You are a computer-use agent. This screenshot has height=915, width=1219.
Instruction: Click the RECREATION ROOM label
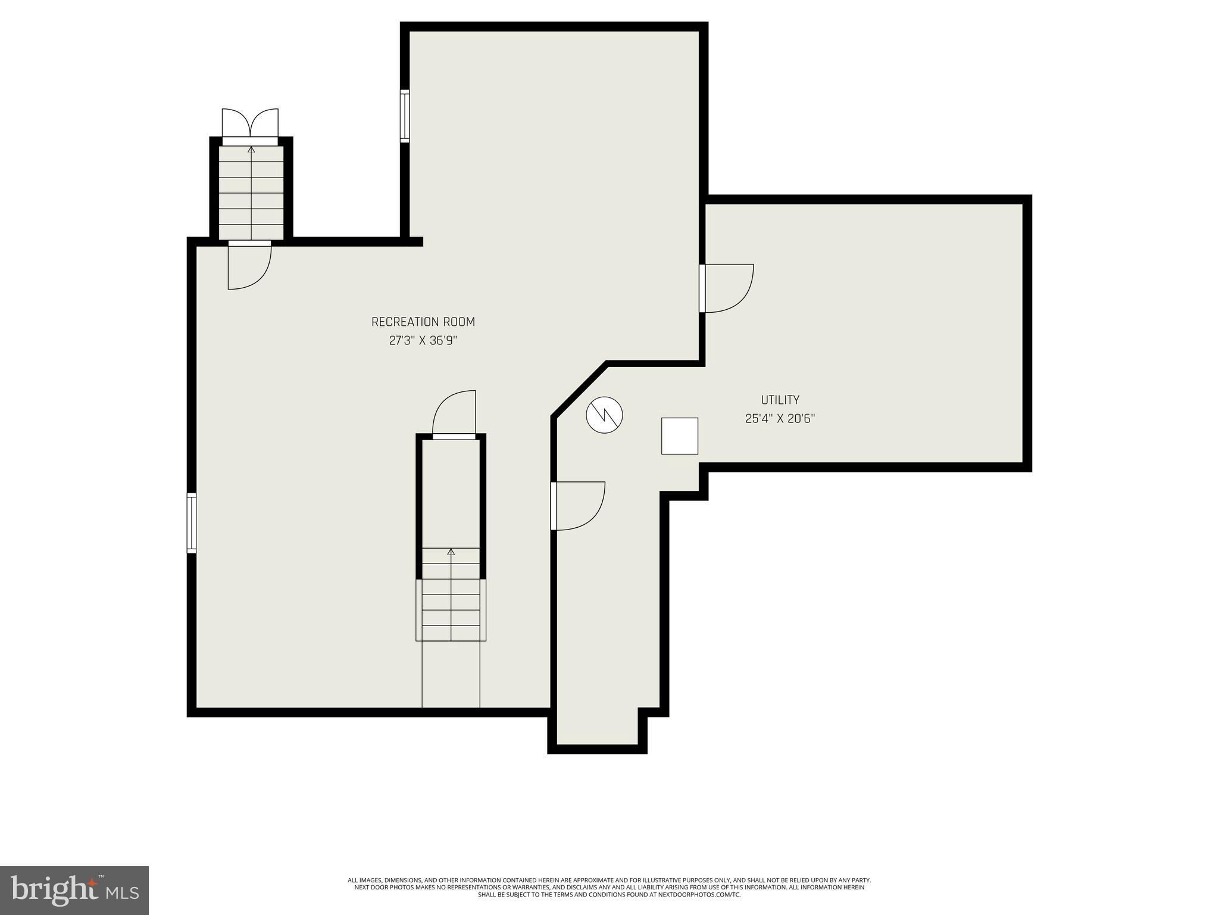[423, 322]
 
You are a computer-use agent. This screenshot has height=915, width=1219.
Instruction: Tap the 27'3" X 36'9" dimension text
[423, 341]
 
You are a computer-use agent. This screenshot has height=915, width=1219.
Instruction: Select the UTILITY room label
[780, 400]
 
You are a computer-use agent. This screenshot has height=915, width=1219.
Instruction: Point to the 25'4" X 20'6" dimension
[780, 419]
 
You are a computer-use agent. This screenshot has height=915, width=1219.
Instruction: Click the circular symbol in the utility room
[604, 415]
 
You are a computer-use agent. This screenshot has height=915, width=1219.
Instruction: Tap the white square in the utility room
[679, 436]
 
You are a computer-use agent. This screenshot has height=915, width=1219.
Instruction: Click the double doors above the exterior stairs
[250, 125]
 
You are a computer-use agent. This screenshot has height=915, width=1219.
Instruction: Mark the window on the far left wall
[191, 523]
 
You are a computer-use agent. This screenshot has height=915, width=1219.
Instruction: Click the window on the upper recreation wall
[405, 116]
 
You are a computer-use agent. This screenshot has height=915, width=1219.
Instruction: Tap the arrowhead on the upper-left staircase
[251, 150]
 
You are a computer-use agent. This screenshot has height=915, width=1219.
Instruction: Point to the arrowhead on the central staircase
[451, 552]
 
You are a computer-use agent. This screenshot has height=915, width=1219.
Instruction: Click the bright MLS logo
[74, 890]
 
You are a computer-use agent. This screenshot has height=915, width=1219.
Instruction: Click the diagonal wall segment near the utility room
[579, 388]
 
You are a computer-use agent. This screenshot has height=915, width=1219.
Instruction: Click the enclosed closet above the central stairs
[451, 491]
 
